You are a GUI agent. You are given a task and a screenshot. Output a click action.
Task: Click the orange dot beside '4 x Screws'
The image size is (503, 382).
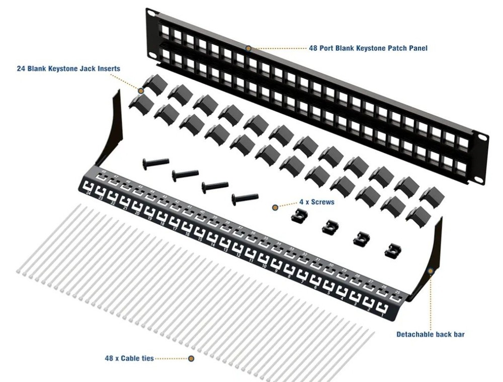(275, 207)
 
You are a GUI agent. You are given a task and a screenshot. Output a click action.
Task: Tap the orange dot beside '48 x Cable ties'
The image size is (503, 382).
(191, 359)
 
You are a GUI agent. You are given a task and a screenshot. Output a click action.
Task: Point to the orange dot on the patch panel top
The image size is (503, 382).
(248, 48)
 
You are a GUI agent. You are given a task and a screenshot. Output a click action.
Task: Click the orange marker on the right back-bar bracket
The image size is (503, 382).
(431, 271)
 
